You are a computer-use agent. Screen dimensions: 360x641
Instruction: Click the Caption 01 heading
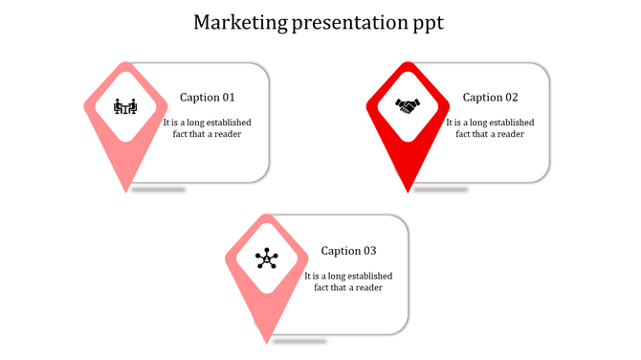[208, 98]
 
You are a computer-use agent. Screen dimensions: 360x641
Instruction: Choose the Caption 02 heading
[491, 98]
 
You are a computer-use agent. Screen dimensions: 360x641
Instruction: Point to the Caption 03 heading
[349, 251]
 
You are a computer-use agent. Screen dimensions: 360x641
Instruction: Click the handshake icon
[409, 106]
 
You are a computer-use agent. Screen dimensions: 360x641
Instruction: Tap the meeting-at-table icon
[125, 106]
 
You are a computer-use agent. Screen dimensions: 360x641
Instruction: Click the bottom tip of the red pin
[409, 191]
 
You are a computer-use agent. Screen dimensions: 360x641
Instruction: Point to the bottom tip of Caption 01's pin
[126, 191]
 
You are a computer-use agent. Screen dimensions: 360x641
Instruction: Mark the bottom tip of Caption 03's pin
[268, 343]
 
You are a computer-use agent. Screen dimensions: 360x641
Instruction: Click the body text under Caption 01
[208, 128]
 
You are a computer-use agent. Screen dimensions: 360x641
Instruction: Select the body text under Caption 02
[490, 128]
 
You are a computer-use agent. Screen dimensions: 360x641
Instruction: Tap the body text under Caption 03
[348, 281]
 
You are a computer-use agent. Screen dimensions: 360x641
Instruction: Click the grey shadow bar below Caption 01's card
[159, 190]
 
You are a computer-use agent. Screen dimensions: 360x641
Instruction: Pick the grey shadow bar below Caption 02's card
[441, 190]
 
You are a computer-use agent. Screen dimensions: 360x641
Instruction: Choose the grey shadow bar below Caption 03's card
[299, 342]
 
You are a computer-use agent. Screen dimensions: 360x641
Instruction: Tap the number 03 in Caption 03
[369, 251]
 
